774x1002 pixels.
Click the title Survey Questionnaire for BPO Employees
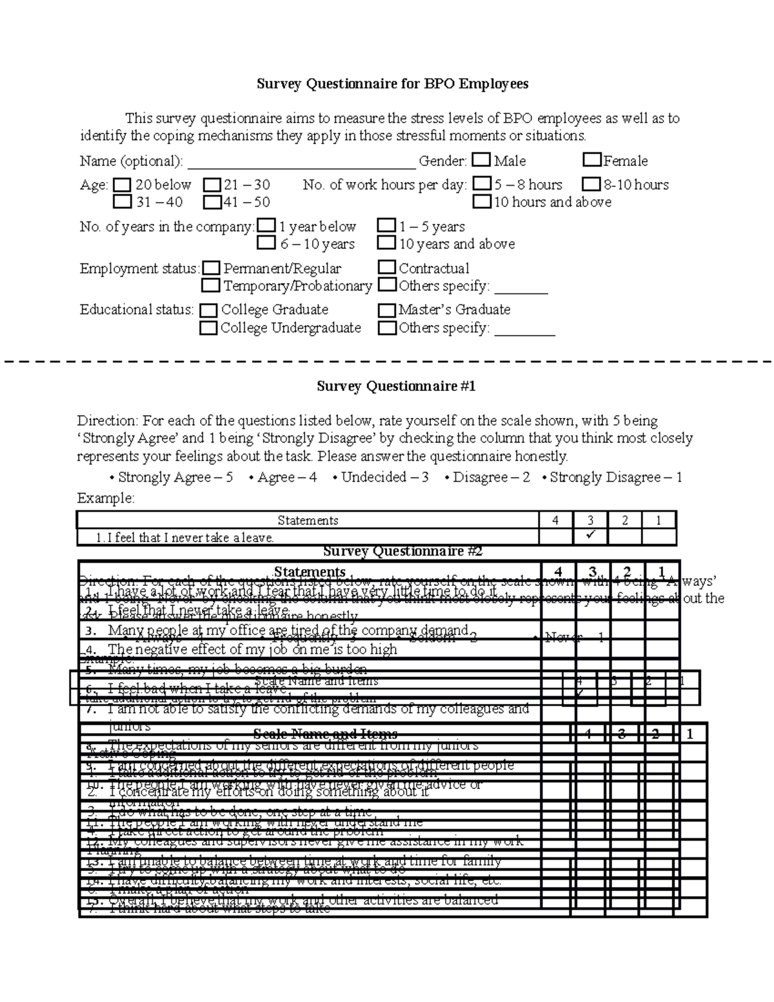coord(392,84)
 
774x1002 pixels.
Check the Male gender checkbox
coord(481,160)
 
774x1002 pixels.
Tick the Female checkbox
coord(591,160)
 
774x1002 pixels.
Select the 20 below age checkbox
coord(122,185)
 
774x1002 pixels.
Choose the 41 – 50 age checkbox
coord(212,203)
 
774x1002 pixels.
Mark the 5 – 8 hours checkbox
coord(481,185)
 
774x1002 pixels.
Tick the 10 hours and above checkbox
coord(481,202)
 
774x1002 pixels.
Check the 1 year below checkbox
coord(266,226)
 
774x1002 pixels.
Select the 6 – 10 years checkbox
coord(266,244)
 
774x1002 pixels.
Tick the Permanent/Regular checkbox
coord(211,268)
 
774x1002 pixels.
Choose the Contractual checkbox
coord(386,268)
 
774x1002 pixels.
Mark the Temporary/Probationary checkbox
coord(211,286)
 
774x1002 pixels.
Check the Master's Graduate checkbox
coord(386,310)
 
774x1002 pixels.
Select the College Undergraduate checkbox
coord(208,328)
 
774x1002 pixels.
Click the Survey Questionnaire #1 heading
coord(395,386)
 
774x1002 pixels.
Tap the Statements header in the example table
coord(308,520)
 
